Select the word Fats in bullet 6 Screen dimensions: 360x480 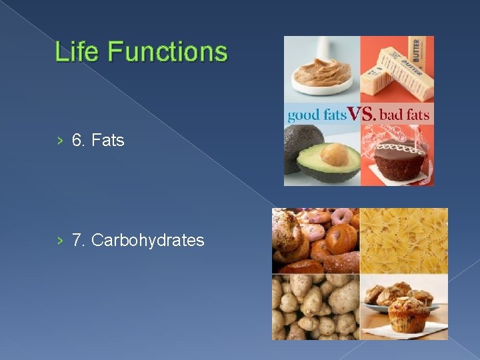pos(108,141)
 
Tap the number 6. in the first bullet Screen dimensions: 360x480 pos(79,141)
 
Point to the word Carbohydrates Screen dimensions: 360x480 pos(147,240)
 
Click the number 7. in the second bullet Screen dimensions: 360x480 pos(79,240)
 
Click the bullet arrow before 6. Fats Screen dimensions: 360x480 pos(60,141)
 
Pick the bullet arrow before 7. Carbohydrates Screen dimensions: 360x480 pos(60,240)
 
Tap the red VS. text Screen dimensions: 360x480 pos(362,114)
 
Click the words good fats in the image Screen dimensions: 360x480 pos(317,115)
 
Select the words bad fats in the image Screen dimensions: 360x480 pos(405,115)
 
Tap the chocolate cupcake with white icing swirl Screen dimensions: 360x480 pos(397,157)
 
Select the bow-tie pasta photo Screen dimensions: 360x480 pos(403,240)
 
